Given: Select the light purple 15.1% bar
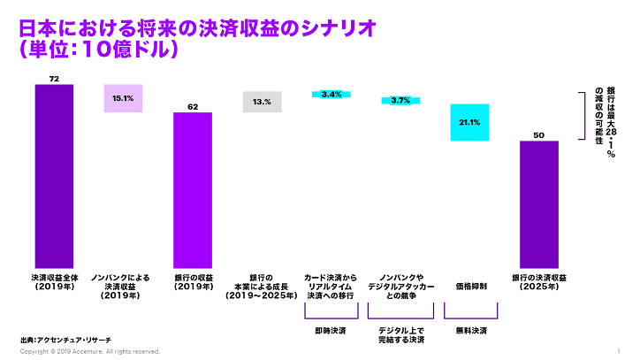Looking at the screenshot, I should pyautogui.click(x=123, y=98).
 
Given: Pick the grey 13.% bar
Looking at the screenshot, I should pyautogui.click(x=262, y=102).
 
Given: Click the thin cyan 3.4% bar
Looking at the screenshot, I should pyautogui.click(x=331, y=94).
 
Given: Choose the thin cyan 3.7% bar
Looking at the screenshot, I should pyautogui.click(x=400, y=101).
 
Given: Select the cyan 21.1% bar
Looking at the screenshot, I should pyautogui.click(x=469, y=122).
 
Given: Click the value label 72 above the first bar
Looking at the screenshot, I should pyautogui.click(x=54, y=79).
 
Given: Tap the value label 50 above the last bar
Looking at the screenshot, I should pyautogui.click(x=538, y=135).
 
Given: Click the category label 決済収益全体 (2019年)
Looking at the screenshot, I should pyautogui.click(x=54, y=282).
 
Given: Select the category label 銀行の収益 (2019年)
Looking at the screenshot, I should pyautogui.click(x=193, y=282).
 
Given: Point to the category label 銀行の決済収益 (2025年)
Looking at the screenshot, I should pyautogui.click(x=538, y=282).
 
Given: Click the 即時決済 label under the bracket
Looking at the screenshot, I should pyautogui.click(x=331, y=330).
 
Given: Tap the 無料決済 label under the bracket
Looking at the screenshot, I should pyautogui.click(x=469, y=330).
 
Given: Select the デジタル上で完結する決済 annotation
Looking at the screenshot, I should pyautogui.click(x=400, y=334).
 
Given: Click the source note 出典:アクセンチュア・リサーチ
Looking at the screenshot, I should pyautogui.click(x=65, y=340).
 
